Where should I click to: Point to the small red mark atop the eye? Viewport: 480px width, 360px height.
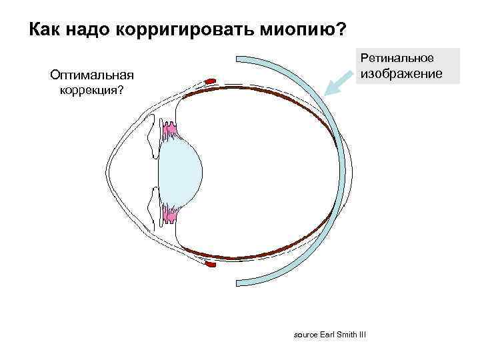tap(211, 81)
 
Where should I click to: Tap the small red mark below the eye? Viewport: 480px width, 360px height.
tap(211, 266)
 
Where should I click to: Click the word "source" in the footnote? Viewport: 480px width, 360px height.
tap(306, 333)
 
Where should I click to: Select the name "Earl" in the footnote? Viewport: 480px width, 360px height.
tap(330, 333)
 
